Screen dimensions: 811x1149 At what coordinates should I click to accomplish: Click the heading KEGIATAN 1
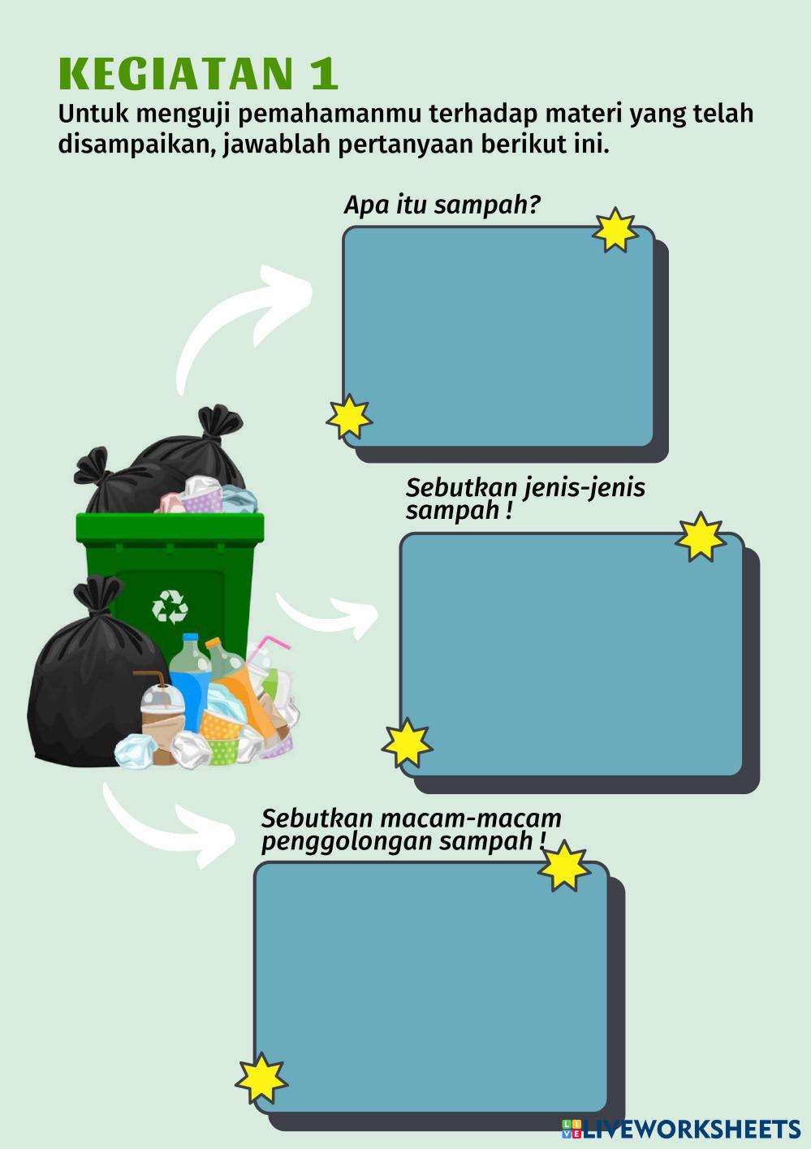(198, 74)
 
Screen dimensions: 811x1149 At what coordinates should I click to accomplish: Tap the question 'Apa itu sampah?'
(442, 205)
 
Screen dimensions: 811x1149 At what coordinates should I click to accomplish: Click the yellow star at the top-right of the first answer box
(615, 230)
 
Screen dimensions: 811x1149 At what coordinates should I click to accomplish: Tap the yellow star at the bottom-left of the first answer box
(349, 417)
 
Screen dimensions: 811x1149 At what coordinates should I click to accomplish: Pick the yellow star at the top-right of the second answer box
(700, 537)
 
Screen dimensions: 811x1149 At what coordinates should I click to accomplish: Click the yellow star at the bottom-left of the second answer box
(407, 743)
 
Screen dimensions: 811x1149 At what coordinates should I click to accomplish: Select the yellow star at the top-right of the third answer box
(563, 866)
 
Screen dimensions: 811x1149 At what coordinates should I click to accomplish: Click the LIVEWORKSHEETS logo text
(690, 1129)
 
